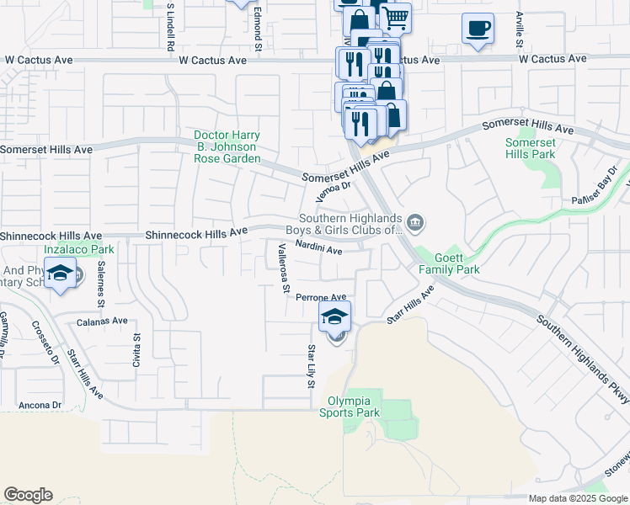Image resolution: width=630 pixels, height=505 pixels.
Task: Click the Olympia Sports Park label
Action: pyautogui.click(x=350, y=407)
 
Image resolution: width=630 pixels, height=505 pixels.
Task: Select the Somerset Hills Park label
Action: pyautogui.click(x=531, y=148)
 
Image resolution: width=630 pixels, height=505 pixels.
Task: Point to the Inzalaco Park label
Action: pyautogui.click(x=79, y=250)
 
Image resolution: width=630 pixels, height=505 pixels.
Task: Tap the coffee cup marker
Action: pyautogui.click(x=478, y=29)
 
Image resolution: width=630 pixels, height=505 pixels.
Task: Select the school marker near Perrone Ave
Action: pyautogui.click(x=334, y=317)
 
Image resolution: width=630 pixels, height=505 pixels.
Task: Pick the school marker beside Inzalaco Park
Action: pyautogui.click(x=61, y=274)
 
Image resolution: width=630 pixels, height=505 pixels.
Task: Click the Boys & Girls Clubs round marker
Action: pyautogui.click(x=414, y=223)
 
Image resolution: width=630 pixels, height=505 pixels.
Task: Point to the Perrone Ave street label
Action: pyautogui.click(x=321, y=297)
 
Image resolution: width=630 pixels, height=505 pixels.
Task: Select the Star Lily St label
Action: pyautogui.click(x=311, y=366)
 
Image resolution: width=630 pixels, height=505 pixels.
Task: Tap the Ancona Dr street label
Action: pyautogui.click(x=40, y=405)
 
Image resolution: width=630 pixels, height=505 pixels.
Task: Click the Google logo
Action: pyautogui.click(x=28, y=495)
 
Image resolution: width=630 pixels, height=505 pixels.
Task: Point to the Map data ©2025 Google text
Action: pyautogui.click(x=577, y=498)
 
